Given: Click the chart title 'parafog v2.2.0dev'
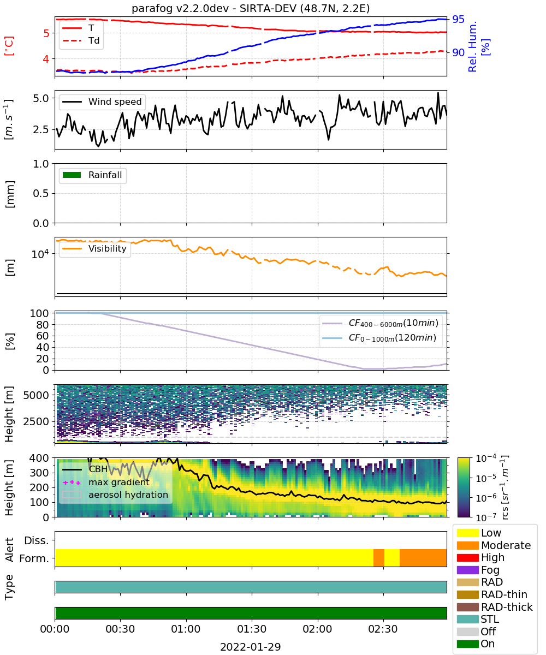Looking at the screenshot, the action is tap(180, 9).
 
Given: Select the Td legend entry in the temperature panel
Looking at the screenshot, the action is tap(81, 41).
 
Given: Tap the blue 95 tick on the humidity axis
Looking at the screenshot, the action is tap(458, 20).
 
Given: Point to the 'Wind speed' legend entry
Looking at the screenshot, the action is tap(102, 102).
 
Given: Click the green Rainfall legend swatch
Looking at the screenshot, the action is tap(72, 175).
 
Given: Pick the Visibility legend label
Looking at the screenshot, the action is tap(108, 248).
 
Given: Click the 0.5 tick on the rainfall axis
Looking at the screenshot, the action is tap(41, 193).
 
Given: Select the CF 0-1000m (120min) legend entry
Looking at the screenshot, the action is tap(379, 337).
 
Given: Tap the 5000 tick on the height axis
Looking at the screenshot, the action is tap(36, 395).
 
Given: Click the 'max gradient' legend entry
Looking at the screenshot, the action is tap(106, 482).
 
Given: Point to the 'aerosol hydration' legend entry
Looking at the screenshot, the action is tap(115, 495).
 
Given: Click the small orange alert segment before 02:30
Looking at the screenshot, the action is tap(379, 558).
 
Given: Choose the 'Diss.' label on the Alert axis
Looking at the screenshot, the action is tap(37, 540).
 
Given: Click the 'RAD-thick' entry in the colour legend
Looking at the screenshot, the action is tap(495, 607).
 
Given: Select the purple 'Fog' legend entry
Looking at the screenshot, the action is tap(480, 570).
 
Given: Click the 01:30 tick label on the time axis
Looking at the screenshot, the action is tap(252, 629).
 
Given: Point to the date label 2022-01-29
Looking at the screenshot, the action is tap(251, 647).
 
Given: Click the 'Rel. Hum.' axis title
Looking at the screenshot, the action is tap(473, 46).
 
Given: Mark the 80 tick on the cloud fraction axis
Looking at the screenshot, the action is tap(43, 325).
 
